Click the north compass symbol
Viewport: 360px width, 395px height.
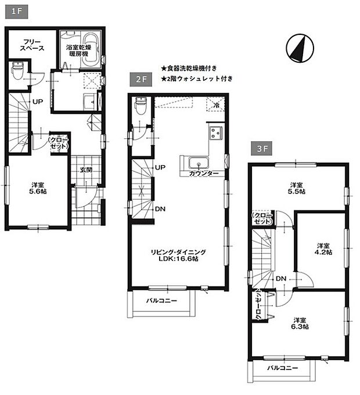tap(300, 48)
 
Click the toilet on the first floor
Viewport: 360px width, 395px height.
tap(17, 73)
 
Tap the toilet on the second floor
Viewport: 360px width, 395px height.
tap(140, 107)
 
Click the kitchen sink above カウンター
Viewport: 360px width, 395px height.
tap(197, 161)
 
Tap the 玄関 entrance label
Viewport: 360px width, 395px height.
tap(86, 170)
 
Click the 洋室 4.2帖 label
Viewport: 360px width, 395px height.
tap(323, 249)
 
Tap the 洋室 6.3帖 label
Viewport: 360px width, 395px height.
tap(300, 324)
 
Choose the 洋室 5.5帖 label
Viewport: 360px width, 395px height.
tap(297, 189)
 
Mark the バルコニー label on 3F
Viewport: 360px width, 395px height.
tap(282, 368)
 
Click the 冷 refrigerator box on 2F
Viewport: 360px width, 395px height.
tap(216, 106)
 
